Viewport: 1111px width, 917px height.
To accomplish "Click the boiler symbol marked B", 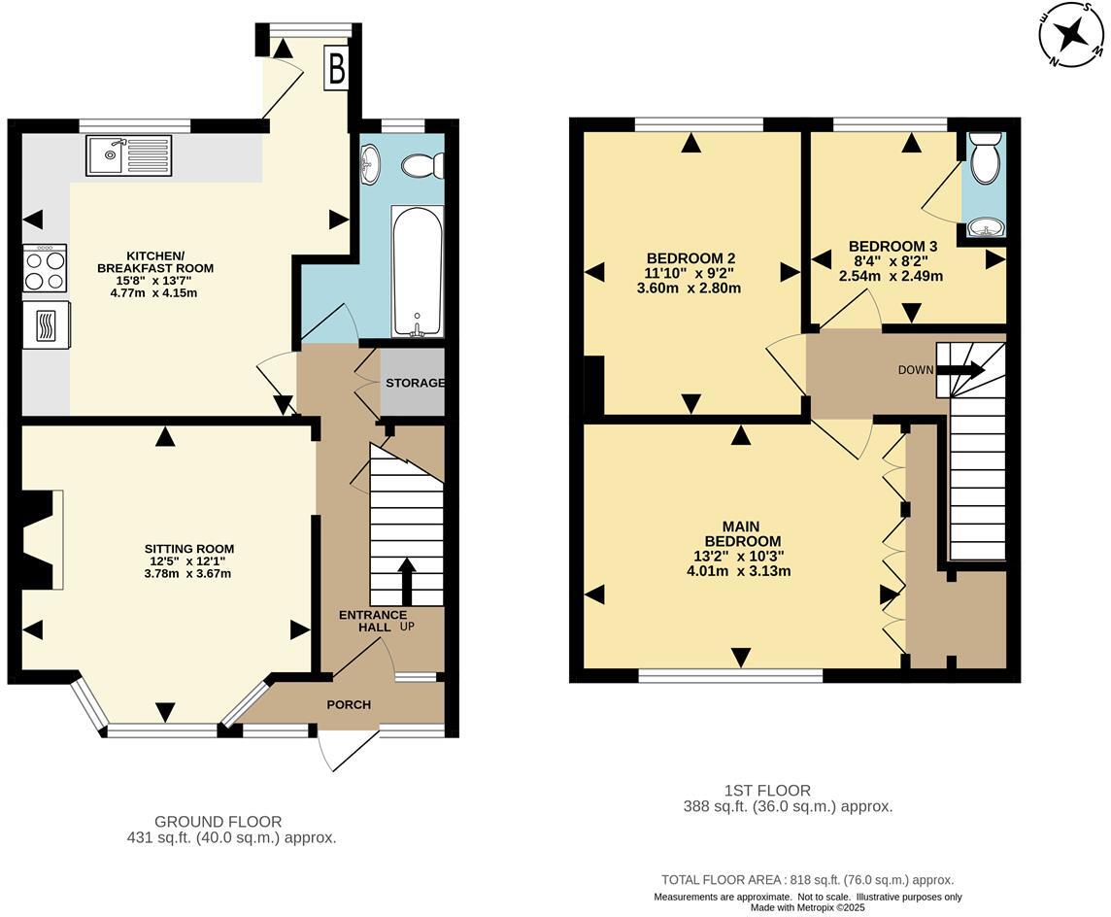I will [336, 68].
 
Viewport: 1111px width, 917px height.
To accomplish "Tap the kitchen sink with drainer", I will [128, 155].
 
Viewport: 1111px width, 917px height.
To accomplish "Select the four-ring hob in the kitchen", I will [45, 269].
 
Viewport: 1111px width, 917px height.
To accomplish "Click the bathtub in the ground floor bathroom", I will [417, 269].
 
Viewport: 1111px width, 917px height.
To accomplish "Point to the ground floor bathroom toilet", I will [421, 166].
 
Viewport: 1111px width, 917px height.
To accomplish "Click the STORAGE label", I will [415, 383].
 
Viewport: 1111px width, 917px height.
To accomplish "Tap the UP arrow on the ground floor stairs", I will [406, 581].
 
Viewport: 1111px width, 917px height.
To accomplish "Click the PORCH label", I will [349, 704].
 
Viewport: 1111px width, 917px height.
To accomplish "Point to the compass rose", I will [1072, 36].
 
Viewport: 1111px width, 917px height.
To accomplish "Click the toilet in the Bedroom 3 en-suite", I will [984, 160].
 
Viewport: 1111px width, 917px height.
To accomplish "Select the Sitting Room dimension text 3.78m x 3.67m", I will [187, 573].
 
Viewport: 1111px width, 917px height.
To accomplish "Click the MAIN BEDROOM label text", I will [742, 533].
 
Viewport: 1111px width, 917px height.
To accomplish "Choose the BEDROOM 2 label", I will [690, 257].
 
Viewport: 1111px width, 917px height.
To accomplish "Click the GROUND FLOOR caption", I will [218, 822].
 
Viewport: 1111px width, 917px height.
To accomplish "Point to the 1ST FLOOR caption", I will [767, 791].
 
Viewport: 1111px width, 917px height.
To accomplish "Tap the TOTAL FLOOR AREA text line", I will [807, 879].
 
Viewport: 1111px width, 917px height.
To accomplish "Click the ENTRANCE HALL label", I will [373, 621].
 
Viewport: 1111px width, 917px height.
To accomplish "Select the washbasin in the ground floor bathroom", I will [371, 164].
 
